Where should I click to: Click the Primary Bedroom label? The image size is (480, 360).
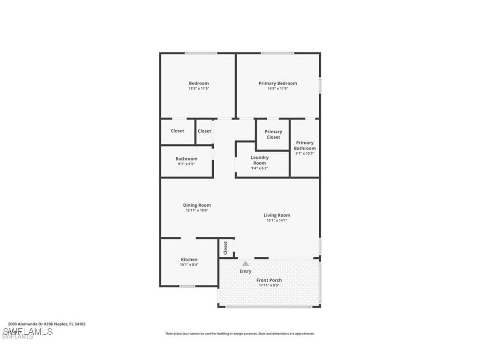point(277,83)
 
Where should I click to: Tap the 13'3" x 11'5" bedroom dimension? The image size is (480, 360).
point(199,89)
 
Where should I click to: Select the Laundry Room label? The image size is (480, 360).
point(259,160)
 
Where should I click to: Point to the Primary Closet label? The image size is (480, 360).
point(273,135)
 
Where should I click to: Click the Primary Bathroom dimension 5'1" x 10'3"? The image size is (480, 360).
point(305,153)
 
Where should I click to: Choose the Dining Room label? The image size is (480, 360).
point(197,205)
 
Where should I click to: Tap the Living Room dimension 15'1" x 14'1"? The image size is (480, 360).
point(277,220)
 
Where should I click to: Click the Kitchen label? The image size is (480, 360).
point(189,259)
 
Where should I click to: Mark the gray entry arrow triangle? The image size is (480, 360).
point(245,263)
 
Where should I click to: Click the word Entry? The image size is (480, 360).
point(246,271)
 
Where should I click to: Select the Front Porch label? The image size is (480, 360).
point(269,280)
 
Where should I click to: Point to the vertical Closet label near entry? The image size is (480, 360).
point(225,247)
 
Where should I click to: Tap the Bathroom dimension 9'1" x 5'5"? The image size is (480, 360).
point(186,164)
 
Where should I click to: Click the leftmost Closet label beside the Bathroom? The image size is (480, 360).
point(177,131)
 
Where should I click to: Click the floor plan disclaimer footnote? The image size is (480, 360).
point(240,334)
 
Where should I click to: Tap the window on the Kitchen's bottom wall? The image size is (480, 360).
point(187,286)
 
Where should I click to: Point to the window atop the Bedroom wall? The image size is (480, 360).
point(201,53)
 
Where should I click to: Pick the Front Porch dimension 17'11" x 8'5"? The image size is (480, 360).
point(269,285)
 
